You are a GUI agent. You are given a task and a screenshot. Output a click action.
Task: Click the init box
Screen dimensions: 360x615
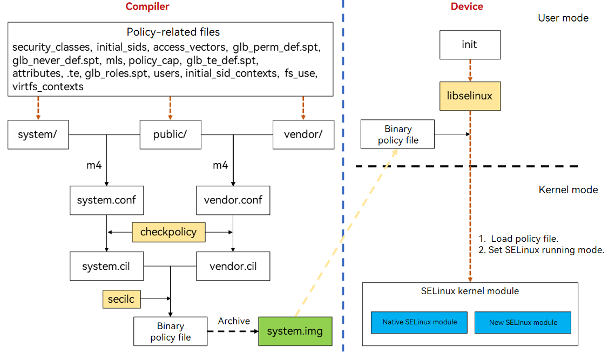469,44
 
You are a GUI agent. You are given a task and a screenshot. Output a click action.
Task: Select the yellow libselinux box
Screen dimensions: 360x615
469,96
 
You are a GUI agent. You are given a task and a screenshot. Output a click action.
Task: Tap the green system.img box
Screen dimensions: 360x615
295,331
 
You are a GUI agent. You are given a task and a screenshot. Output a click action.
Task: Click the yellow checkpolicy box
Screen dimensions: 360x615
168,232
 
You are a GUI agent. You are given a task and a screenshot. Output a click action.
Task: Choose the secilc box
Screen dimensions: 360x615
121,299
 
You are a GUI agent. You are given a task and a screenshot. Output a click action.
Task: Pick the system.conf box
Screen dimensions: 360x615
106,200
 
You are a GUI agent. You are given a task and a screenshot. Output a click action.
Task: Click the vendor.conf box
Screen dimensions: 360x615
233,200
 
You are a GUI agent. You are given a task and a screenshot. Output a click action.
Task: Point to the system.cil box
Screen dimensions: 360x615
106,266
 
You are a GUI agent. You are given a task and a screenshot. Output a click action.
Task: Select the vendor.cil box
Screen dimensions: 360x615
233,266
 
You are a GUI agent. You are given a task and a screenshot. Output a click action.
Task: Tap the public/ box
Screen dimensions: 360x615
170,134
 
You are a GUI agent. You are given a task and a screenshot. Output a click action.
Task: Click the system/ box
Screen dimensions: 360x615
38,134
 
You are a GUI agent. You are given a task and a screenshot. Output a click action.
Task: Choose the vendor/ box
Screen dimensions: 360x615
303,134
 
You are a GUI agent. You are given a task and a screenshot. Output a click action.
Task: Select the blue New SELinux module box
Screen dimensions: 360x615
523,322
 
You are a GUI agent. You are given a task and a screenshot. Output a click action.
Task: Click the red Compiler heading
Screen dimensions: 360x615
147,7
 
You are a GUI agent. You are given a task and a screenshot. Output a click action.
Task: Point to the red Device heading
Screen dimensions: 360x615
467,7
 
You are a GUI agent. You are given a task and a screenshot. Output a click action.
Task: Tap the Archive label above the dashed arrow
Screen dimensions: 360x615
234,321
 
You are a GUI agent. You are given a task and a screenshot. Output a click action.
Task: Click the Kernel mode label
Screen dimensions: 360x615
569,190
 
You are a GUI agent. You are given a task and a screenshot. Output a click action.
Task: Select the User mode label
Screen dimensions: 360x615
563,18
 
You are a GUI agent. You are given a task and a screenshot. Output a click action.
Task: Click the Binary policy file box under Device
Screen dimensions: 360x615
398,134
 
